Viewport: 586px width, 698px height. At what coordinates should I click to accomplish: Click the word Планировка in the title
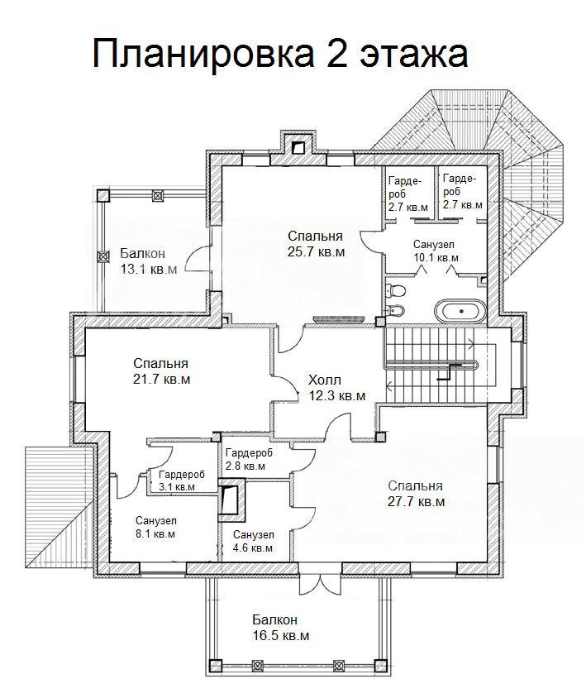click(x=202, y=54)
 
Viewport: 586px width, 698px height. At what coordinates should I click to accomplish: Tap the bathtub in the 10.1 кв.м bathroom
click(x=460, y=310)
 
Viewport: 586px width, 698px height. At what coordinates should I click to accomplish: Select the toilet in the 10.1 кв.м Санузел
click(x=396, y=290)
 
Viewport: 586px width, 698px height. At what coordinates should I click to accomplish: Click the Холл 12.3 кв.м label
click(x=337, y=387)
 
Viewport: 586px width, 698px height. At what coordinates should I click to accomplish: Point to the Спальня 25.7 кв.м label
click(x=316, y=243)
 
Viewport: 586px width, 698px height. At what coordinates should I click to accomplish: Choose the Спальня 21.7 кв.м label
click(x=161, y=371)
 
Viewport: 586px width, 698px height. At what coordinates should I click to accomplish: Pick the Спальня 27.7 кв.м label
click(x=416, y=493)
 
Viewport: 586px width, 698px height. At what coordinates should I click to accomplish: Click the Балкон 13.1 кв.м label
click(x=149, y=261)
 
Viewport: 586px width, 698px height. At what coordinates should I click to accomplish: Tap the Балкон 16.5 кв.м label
click(x=281, y=627)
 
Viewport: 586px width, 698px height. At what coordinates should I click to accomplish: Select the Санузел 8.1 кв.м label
click(x=155, y=527)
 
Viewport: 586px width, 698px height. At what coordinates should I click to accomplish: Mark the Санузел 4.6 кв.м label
click(x=253, y=541)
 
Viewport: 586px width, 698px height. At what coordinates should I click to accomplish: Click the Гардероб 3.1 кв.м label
click(x=182, y=480)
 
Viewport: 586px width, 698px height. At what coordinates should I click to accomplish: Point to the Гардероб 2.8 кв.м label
click(x=249, y=459)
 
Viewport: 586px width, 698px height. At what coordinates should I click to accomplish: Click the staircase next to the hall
click(x=440, y=365)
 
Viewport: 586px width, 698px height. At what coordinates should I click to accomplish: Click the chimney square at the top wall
click(x=298, y=148)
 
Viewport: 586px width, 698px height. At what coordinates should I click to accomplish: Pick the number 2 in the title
click(x=336, y=53)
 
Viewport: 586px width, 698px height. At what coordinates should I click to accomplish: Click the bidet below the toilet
click(x=395, y=310)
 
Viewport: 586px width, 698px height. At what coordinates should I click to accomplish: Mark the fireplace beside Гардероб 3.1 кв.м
click(x=231, y=500)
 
